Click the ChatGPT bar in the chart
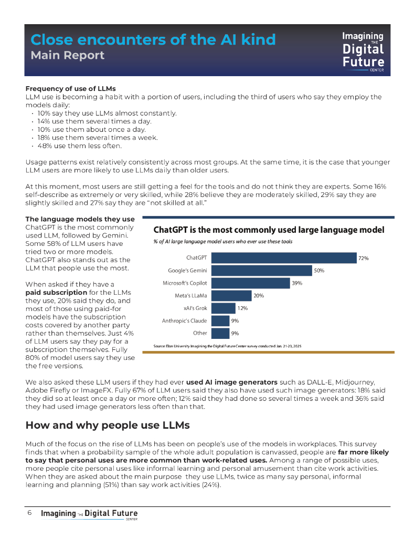pos(283,258)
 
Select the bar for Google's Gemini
pos(261,271)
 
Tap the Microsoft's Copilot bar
pos(250,283)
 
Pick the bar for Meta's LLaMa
pos(231,296)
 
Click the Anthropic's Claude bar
pos(220,320)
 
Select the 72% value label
pos(363,258)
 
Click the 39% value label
pos(297,283)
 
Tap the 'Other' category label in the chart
pos(200,333)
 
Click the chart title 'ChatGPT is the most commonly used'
pos(269,230)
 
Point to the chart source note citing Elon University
pos(227,346)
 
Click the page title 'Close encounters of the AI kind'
pos(153,39)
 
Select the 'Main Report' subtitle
pos(68,55)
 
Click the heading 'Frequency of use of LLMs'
pos(71,88)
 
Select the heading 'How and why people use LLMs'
pos(108,425)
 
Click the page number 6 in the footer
pos(30,513)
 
